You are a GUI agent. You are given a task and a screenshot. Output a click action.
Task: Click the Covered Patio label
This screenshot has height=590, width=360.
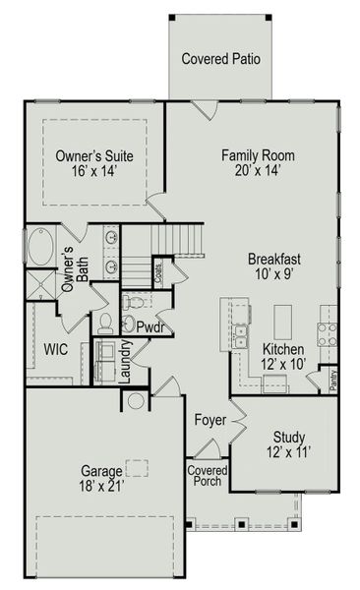(x=221, y=59)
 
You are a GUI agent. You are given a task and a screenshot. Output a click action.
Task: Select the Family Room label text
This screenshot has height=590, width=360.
(x=258, y=155)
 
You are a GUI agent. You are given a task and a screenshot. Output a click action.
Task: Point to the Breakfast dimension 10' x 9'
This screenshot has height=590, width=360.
(x=273, y=275)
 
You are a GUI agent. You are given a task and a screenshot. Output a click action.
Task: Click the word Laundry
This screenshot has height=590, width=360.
(x=125, y=361)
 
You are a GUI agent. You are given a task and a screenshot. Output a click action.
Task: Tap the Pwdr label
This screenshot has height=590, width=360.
(x=150, y=326)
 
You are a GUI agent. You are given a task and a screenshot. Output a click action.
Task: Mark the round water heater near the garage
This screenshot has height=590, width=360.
(x=136, y=401)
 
